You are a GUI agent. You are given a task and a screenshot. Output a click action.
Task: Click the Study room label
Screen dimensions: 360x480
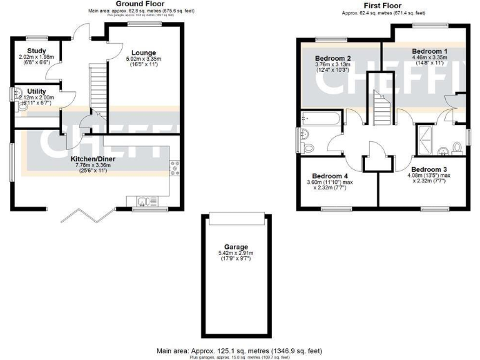coord(29,51)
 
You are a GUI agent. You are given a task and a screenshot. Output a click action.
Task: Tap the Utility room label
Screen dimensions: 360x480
coord(37,91)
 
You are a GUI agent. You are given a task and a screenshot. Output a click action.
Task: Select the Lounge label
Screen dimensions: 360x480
coord(144,52)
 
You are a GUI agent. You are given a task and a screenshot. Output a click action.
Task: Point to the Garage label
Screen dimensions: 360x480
coord(235,246)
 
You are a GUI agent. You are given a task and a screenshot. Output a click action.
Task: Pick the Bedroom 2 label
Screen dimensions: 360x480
coord(332,59)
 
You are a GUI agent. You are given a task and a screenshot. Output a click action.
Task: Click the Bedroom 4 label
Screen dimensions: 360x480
coord(329,176)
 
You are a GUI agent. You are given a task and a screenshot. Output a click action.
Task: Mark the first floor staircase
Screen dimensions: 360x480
coord(379,102)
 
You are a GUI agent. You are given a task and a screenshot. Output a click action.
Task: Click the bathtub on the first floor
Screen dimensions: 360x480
coord(318,119)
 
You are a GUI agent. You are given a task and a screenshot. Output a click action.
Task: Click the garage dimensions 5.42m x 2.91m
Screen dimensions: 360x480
coord(235,253)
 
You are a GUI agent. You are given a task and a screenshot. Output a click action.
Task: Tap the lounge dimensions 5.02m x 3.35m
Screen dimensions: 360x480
coord(144,59)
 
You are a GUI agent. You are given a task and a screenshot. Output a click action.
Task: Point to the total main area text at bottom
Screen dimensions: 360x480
coord(240,352)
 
